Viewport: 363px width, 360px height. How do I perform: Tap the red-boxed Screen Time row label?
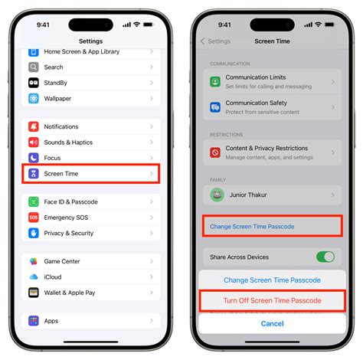click(x=61, y=174)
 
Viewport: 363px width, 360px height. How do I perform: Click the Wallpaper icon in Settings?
click(x=34, y=98)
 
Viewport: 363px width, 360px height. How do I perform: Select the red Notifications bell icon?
click(x=34, y=126)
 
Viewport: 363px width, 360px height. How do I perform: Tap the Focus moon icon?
click(x=34, y=158)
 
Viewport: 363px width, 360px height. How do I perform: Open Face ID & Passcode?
click(x=70, y=202)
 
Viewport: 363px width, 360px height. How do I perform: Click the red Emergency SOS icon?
click(x=34, y=218)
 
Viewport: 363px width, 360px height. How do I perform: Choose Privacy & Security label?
click(x=69, y=233)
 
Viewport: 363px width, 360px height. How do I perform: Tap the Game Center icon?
click(x=34, y=261)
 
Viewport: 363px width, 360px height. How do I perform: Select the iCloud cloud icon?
click(x=34, y=277)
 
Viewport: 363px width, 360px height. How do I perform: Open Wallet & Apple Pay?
click(x=70, y=293)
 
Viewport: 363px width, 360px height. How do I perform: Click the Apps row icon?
click(x=34, y=321)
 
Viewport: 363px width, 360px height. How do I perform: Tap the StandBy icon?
click(x=34, y=83)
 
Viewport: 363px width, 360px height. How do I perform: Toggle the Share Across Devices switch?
click(x=325, y=257)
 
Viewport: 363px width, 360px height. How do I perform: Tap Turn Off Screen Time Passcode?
click(x=273, y=301)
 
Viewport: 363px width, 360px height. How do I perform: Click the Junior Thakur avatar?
click(x=217, y=195)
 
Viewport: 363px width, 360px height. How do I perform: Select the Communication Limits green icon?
click(x=215, y=82)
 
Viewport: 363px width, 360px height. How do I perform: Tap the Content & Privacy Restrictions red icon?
click(x=215, y=152)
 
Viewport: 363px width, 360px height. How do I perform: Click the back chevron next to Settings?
click(x=203, y=41)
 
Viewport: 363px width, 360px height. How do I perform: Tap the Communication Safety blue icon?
click(x=215, y=107)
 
